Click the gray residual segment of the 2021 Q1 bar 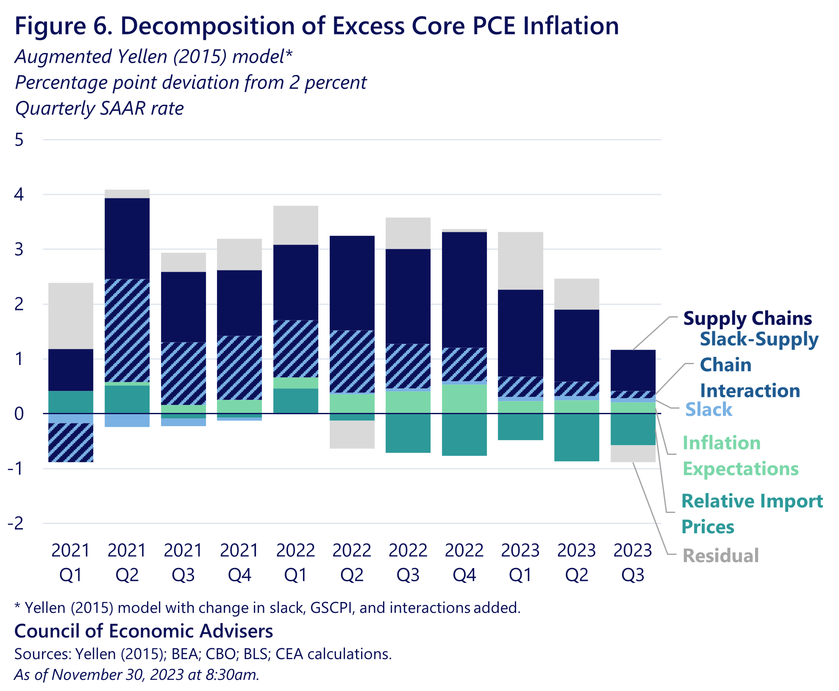[71, 316]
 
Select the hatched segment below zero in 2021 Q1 [71, 442]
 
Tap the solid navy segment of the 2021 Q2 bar [127, 238]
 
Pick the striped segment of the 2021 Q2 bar [127, 330]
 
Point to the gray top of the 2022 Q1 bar [296, 225]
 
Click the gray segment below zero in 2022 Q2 [352, 435]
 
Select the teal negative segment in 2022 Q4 [464, 435]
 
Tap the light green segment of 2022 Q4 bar [464, 399]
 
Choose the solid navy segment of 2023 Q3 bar [633, 370]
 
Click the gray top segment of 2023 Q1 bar [520, 261]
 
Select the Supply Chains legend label [747, 318]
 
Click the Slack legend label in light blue [708, 410]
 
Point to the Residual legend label [721, 556]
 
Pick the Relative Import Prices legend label [752, 513]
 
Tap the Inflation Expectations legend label [740, 456]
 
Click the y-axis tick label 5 [19, 140]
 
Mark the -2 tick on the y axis [16, 524]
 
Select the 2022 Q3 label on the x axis [408, 562]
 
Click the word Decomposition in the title [208, 26]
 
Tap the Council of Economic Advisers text [144, 631]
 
